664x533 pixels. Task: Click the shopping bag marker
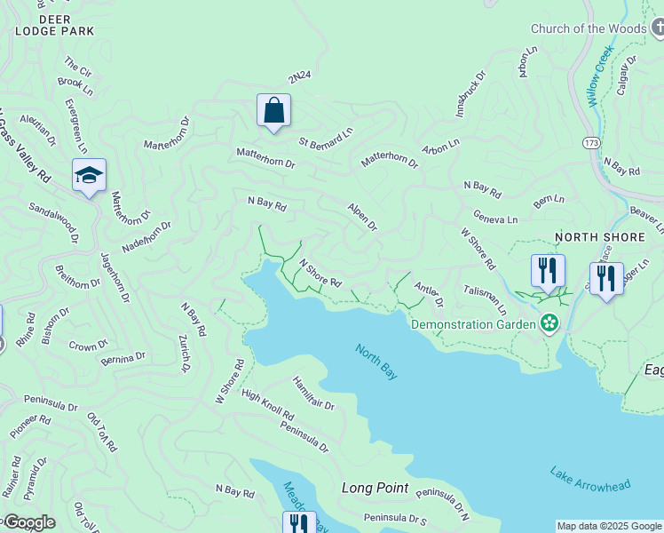coord(274,112)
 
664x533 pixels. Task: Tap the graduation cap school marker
coord(89,177)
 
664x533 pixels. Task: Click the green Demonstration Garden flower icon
coord(550,323)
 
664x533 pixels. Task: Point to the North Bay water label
coord(376,362)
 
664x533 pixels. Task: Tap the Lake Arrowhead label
coord(589,479)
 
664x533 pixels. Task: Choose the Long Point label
coord(375,488)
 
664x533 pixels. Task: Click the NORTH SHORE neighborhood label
coord(592,237)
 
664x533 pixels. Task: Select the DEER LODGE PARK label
coord(54,24)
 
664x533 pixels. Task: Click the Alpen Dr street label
coord(362,215)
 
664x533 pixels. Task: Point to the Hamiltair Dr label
coord(312,392)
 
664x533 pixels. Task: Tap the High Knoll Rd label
coord(267,405)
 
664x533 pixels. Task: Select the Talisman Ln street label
coord(485,298)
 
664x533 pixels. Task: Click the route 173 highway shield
coord(590,142)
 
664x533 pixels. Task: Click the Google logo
coord(28,522)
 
